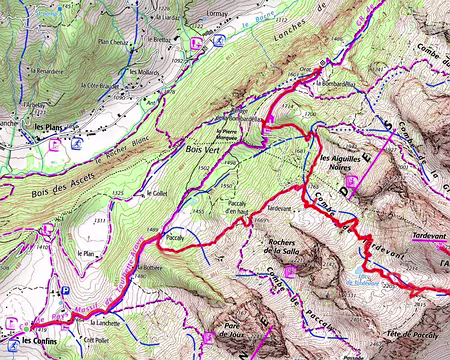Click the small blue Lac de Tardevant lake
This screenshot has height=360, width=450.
[x=356, y=283]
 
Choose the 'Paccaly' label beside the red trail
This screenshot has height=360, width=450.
[x=177, y=238]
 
